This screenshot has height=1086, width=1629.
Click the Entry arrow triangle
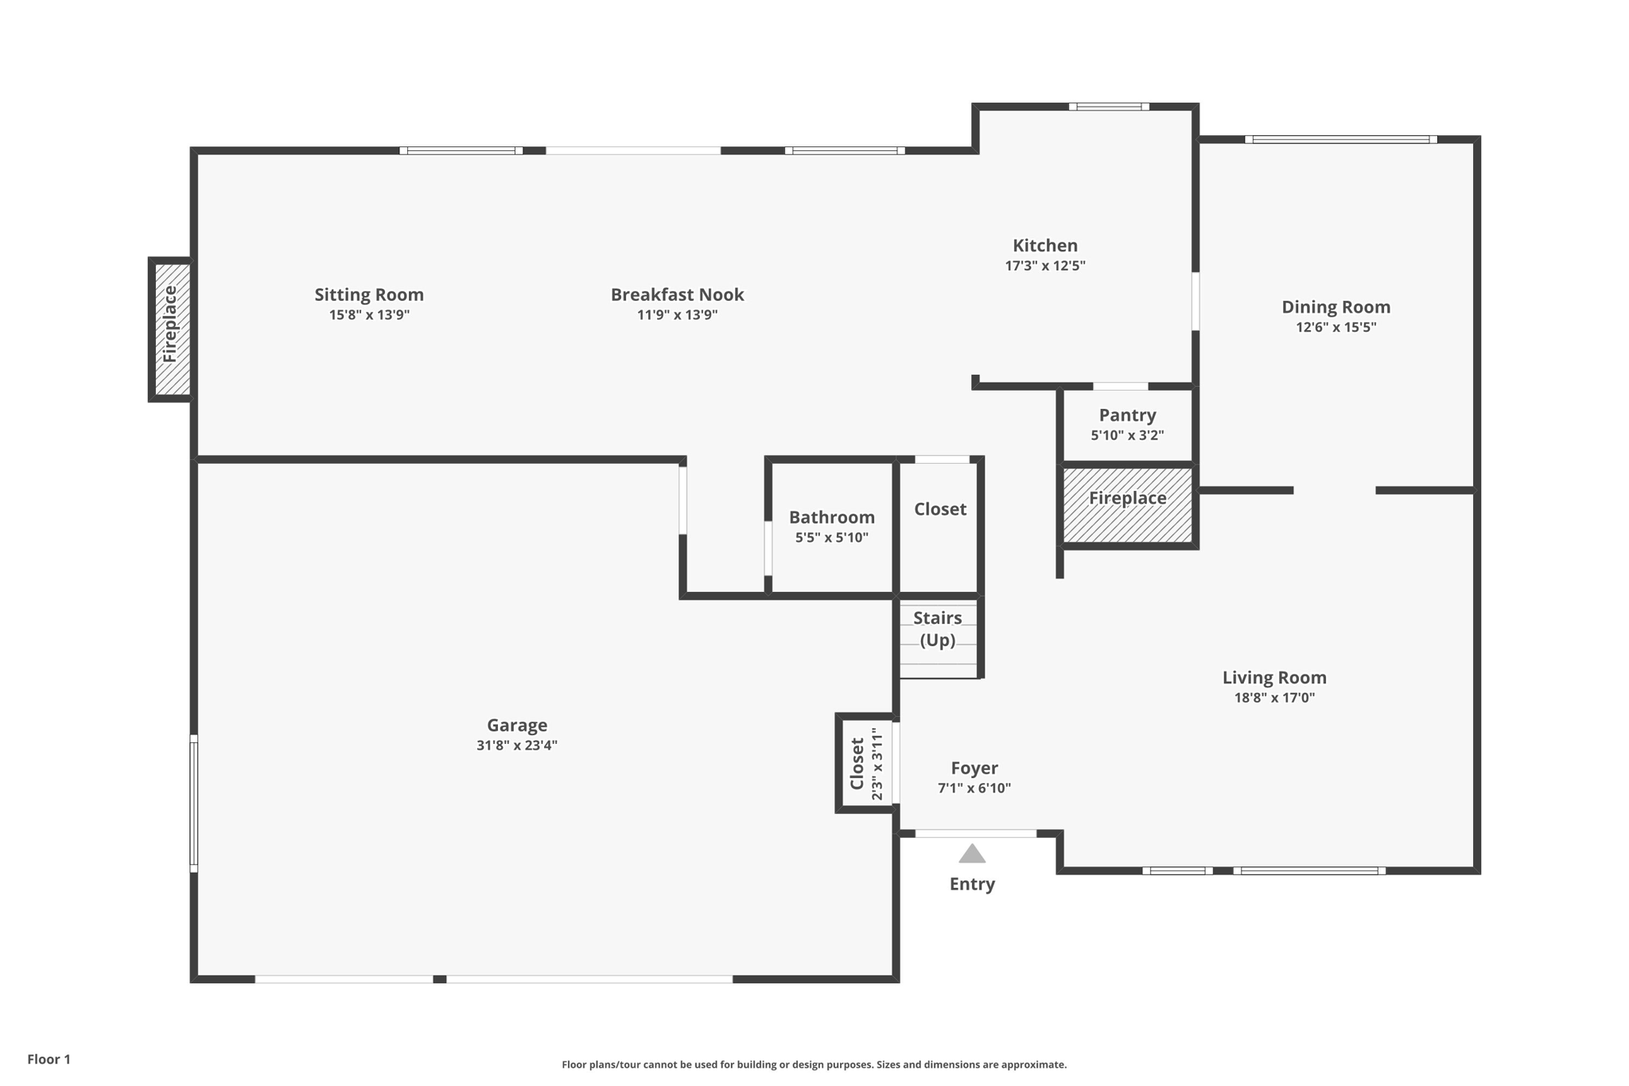[972, 854]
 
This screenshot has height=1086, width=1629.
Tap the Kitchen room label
[1044, 246]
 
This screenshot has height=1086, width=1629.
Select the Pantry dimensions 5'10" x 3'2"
[1127, 435]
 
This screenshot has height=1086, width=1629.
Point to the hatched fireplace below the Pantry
[1128, 505]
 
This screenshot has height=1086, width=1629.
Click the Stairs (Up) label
[938, 629]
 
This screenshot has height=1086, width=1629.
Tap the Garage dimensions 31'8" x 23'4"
[517, 745]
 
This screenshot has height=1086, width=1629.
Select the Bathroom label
[831, 517]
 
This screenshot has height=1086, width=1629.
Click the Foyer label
[974, 768]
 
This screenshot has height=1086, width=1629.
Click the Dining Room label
[1335, 307]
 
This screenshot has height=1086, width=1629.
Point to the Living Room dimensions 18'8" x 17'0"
[1274, 698]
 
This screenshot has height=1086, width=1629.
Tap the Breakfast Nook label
[677, 294]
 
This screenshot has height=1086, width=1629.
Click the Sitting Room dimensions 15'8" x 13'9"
[369, 315]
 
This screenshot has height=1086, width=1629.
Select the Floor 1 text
[49, 1059]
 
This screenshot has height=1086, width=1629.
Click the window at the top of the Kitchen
[1109, 107]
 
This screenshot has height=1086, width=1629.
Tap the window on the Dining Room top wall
[1340, 140]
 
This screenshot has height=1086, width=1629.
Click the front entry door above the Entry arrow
[975, 833]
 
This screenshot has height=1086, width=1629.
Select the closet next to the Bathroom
[939, 525]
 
